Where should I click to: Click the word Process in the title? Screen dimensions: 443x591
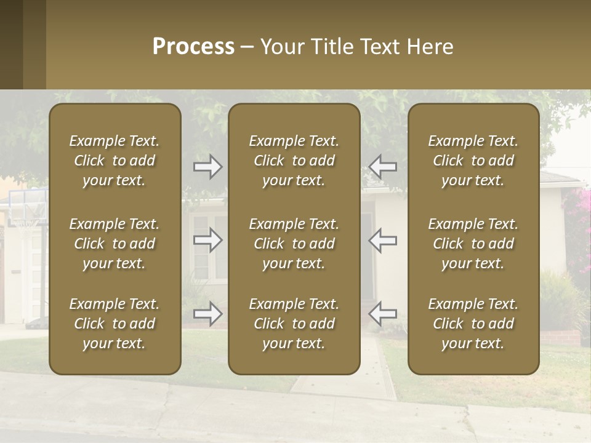(x=193, y=47)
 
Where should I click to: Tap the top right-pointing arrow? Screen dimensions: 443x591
(x=208, y=167)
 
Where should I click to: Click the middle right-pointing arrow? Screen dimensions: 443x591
(x=208, y=240)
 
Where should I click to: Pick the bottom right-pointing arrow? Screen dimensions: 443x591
(x=208, y=314)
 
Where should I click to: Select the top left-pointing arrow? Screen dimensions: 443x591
(x=382, y=167)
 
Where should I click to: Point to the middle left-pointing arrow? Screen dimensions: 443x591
(x=382, y=240)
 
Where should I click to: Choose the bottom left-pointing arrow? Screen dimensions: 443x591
(x=382, y=314)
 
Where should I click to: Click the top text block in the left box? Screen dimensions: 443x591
(x=115, y=161)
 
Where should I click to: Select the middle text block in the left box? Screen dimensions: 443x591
(x=115, y=244)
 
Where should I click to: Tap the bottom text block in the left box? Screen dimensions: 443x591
(x=115, y=324)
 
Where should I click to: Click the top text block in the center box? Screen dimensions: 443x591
(x=294, y=161)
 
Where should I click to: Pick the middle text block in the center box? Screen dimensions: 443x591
(x=294, y=244)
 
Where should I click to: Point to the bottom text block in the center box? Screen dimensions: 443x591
(x=294, y=324)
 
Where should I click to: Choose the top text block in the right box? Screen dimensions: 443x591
(x=473, y=161)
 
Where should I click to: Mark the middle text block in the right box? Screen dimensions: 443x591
(x=473, y=244)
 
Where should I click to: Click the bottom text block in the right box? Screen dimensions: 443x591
(x=473, y=324)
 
